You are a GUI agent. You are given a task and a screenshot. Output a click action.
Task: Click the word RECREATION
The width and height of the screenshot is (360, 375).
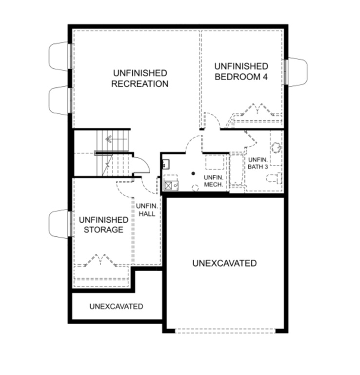140,83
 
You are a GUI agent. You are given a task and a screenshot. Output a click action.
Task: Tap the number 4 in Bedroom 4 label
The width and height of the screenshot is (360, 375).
265,77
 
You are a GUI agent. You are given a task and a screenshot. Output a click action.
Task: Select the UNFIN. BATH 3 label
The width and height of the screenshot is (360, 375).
258,164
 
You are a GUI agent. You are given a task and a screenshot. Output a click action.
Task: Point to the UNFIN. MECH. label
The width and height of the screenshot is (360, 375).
214,181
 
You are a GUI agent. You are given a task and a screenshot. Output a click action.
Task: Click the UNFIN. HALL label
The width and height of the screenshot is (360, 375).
147,210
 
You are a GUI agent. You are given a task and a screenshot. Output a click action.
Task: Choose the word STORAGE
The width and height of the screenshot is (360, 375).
103,229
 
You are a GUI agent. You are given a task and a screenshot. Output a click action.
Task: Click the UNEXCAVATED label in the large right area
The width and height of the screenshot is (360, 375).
224,263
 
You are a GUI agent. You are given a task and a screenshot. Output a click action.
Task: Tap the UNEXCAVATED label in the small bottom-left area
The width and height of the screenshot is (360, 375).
116,306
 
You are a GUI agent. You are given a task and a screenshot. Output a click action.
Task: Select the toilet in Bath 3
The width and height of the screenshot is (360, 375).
274,178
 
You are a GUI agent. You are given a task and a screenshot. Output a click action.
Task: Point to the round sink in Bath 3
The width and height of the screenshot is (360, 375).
276,147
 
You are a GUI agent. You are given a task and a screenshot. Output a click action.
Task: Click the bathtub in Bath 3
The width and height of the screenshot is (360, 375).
236,170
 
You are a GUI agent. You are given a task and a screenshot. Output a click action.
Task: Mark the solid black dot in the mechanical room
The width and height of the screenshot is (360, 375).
193,173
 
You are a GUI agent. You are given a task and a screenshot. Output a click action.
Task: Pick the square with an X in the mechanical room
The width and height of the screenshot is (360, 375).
168,186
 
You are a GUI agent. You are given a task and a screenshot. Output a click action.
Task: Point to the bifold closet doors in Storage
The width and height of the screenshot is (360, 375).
100,260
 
